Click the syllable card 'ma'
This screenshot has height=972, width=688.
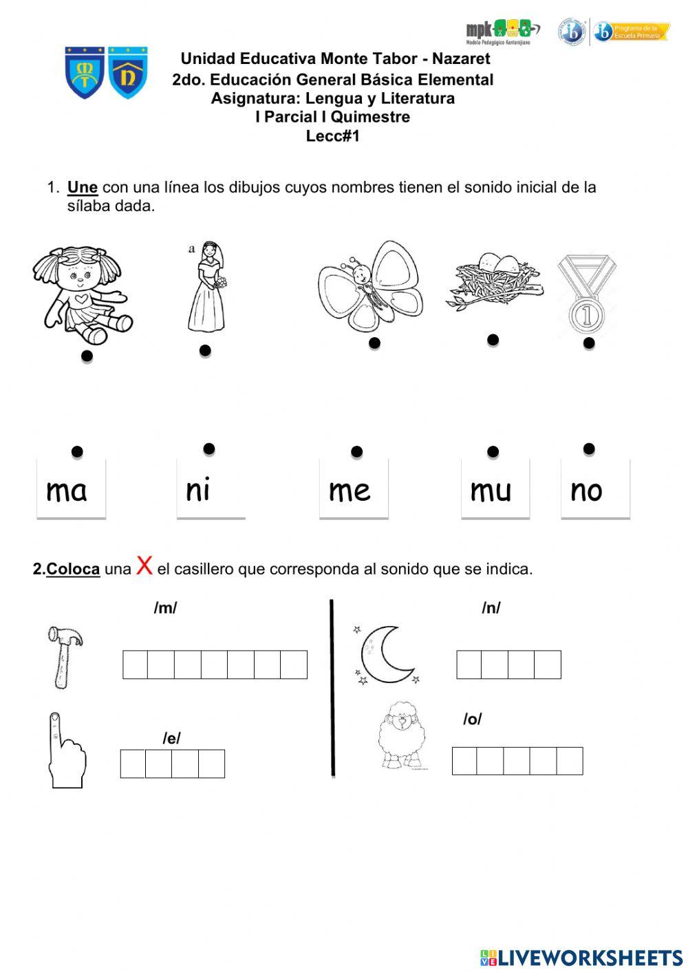click(x=71, y=489)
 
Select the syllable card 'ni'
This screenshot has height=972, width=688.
click(x=211, y=489)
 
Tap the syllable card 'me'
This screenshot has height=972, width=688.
click(x=353, y=489)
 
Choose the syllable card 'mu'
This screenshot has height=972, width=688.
click(x=494, y=489)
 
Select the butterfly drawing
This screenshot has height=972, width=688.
click(x=371, y=285)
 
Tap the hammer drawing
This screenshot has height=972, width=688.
click(x=64, y=656)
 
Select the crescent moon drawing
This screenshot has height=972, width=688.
click(x=387, y=655)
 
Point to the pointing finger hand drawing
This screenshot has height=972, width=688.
click(x=65, y=751)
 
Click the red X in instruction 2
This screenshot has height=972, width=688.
click(x=144, y=565)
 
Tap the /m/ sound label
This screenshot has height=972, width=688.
click(x=165, y=608)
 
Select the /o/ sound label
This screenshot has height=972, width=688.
click(x=472, y=719)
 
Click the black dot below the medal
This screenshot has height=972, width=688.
click(x=589, y=343)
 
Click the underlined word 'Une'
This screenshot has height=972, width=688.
click(x=82, y=187)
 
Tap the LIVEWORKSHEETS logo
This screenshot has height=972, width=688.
click(x=581, y=957)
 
